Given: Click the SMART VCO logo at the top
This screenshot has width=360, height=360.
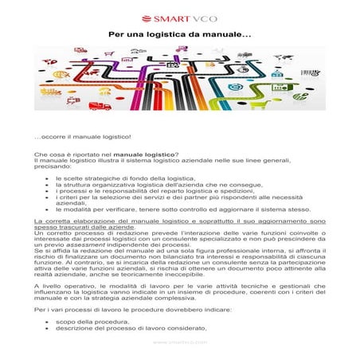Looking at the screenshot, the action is click(x=179, y=17).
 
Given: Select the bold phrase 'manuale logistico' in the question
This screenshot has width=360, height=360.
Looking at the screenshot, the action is click(x=143, y=154).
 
